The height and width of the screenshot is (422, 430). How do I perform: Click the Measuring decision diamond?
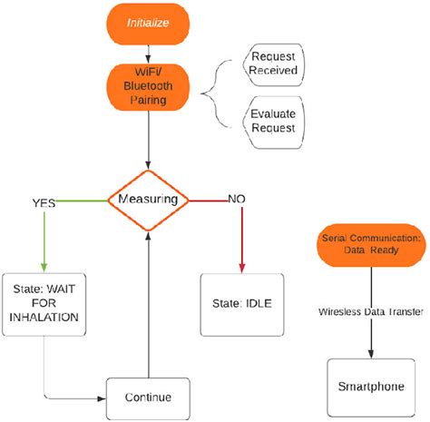(148, 199)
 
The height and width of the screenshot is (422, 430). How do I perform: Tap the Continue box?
(148, 397)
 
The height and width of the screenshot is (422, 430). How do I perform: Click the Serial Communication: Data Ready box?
(372, 243)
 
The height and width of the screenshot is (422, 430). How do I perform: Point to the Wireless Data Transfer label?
(369, 310)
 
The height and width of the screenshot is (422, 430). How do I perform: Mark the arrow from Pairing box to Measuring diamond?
(148, 145)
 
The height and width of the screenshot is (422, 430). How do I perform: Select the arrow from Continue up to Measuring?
(148, 299)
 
